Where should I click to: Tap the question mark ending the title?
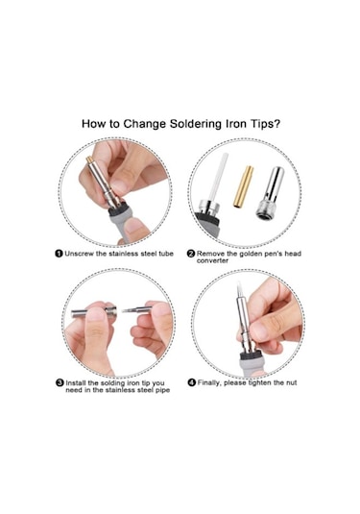click(x=277, y=124)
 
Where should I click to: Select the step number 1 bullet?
click(x=59, y=254)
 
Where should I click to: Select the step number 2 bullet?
click(x=191, y=254)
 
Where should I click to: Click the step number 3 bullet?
click(x=60, y=383)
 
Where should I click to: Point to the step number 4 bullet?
click(x=192, y=382)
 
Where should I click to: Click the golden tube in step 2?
click(x=243, y=186)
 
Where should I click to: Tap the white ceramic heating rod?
click(x=220, y=176)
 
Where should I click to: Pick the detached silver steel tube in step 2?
click(x=271, y=193)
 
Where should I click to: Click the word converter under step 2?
click(x=212, y=260)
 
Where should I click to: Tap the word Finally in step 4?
click(x=209, y=383)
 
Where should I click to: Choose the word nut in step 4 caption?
click(x=291, y=383)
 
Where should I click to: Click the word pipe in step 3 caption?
click(x=162, y=390)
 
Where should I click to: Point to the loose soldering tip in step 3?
click(x=137, y=309)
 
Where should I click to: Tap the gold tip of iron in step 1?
click(x=88, y=159)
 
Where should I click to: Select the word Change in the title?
click(x=145, y=124)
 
